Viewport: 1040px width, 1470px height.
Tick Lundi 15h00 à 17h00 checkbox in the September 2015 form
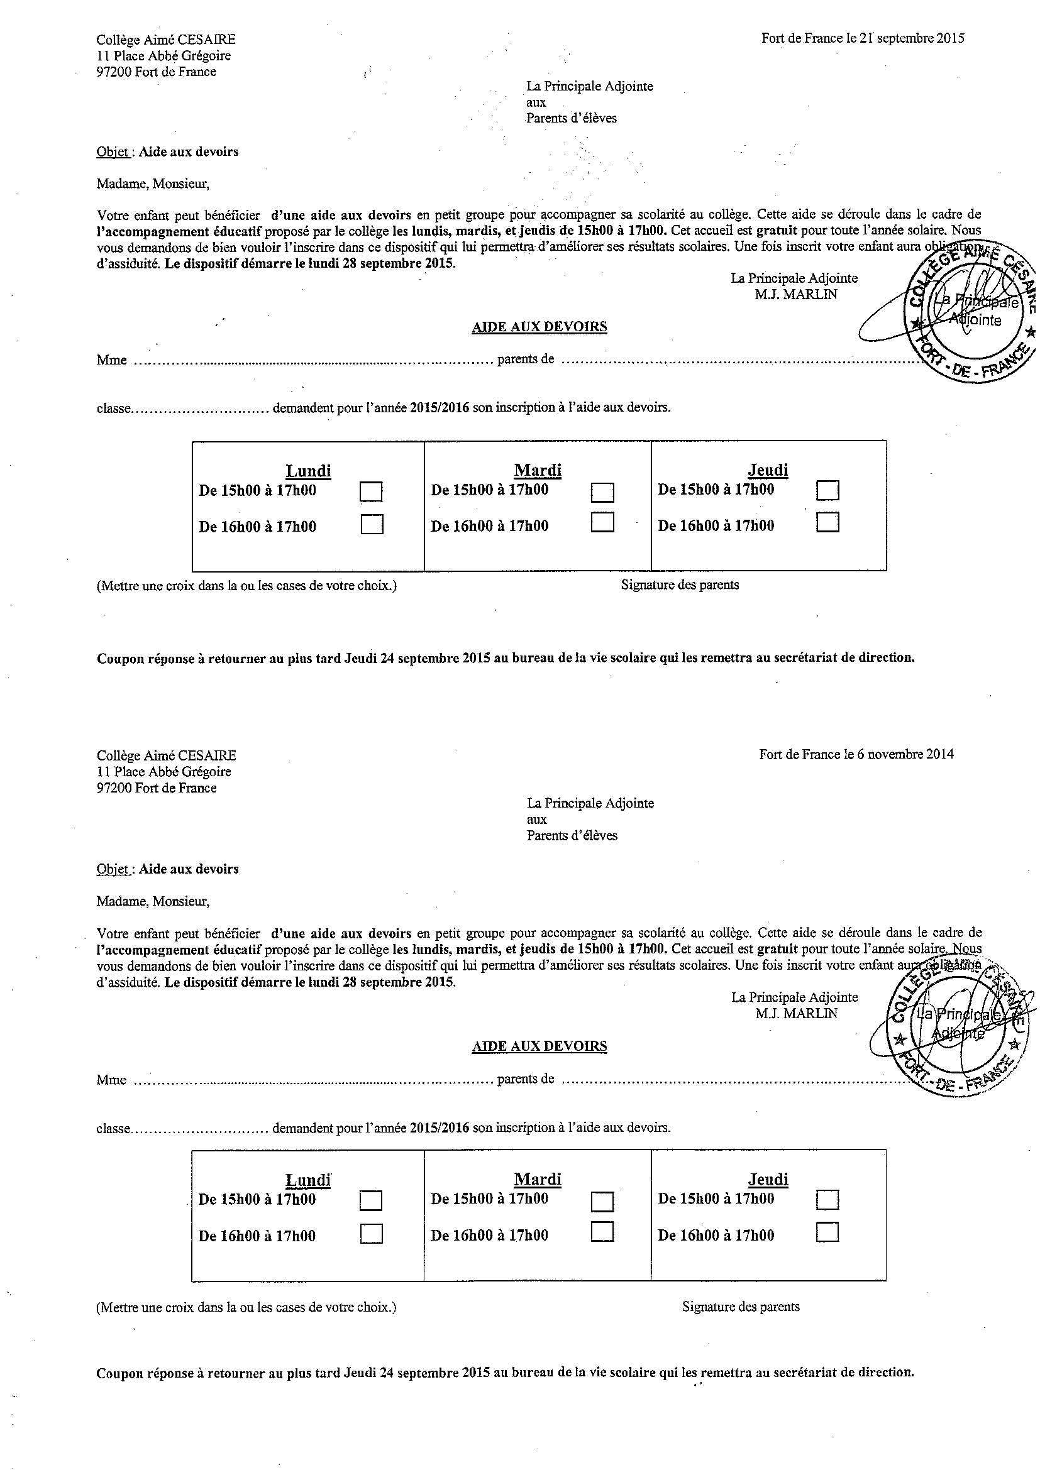(372, 491)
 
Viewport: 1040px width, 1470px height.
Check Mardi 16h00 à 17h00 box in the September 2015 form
(602, 522)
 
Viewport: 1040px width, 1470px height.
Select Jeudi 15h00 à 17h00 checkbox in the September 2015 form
(827, 490)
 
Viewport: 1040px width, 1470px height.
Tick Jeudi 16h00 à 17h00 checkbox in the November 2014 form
(827, 1233)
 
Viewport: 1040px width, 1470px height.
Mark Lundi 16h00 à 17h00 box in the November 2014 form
(372, 1234)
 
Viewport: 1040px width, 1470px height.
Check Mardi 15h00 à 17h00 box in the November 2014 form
(602, 1200)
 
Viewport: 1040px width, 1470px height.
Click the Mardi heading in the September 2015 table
(538, 471)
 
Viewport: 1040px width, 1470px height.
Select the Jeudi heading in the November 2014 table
(768, 1179)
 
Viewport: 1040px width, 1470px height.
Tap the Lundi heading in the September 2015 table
(308, 471)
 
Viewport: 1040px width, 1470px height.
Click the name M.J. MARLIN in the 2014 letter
(796, 1014)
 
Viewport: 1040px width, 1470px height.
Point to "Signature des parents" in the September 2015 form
(680, 584)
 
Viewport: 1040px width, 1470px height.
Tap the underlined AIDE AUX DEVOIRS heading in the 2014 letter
(539, 1046)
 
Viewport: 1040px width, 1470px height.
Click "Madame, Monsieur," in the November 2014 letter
(153, 901)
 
